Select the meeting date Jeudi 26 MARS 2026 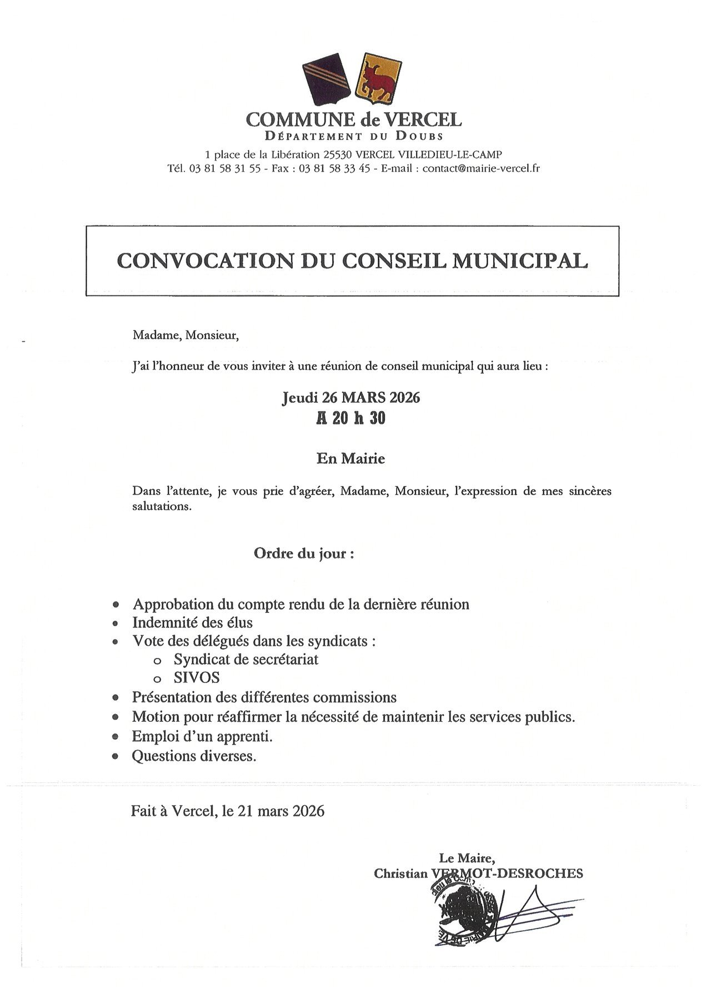tap(351, 398)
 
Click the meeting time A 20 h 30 tap(351, 419)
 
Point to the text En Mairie tap(351, 459)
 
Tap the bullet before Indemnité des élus tap(116, 623)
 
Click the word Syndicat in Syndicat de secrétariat tap(199, 660)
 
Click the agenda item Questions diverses tap(194, 756)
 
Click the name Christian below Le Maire tap(400, 874)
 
